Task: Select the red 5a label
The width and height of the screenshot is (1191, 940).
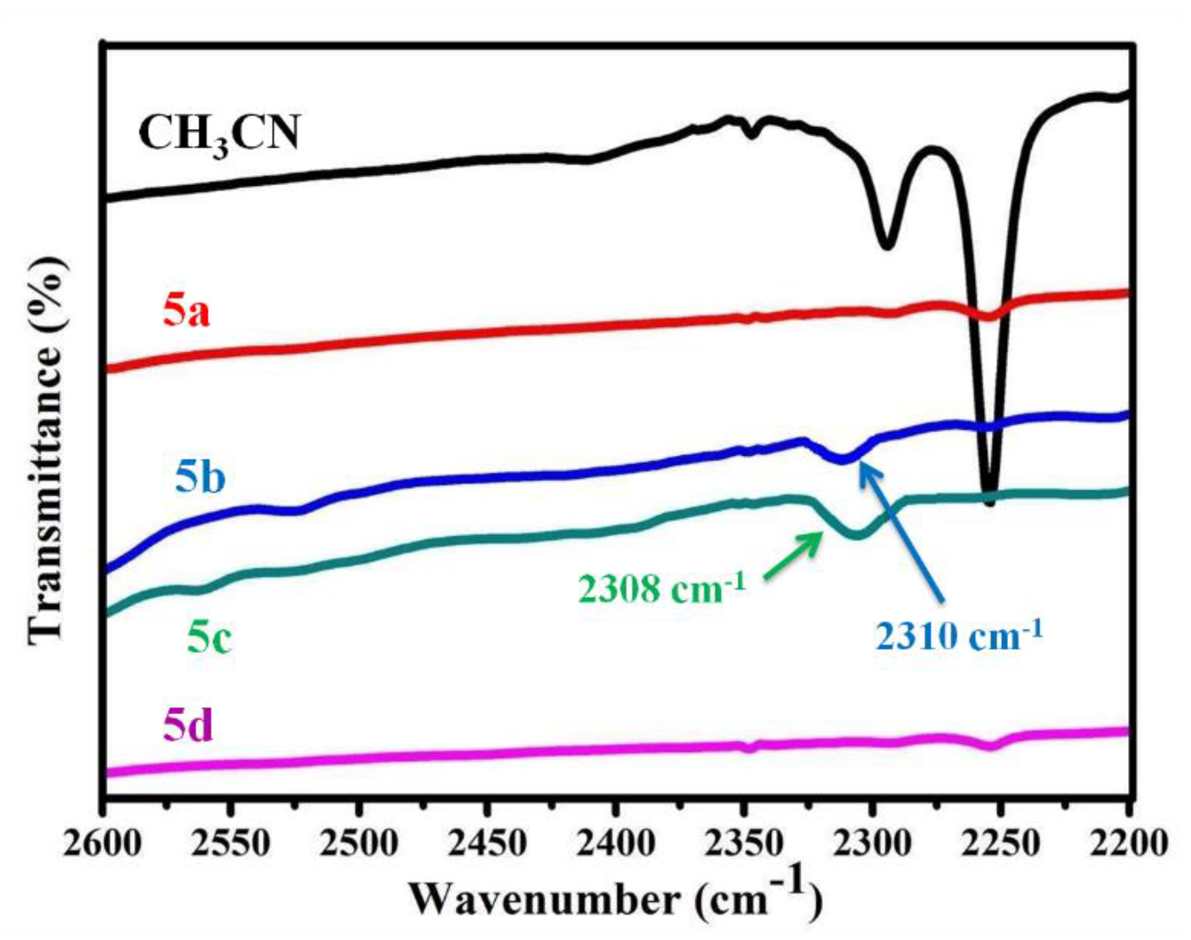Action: point(186,313)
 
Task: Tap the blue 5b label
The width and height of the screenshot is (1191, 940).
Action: point(200,478)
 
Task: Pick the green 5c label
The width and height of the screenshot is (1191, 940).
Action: point(209,639)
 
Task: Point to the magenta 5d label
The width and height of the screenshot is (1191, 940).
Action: point(188,728)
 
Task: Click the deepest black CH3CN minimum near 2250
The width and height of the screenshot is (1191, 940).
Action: point(990,501)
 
